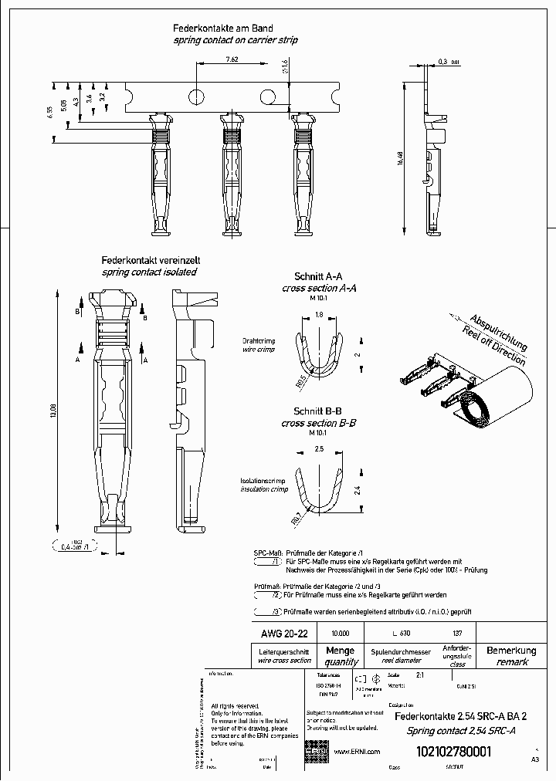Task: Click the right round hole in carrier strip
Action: pyautogui.click(x=266, y=96)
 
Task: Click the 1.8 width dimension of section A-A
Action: pyautogui.click(x=318, y=315)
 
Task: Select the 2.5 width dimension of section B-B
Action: pyautogui.click(x=318, y=449)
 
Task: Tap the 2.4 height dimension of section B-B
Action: pyautogui.click(x=356, y=489)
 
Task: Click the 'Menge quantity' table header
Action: pyautogui.click(x=341, y=656)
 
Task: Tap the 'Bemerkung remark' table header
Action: pyautogui.click(x=511, y=656)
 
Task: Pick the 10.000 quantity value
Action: pyautogui.click(x=340, y=634)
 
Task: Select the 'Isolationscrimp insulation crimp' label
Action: pyautogui.click(x=263, y=485)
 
